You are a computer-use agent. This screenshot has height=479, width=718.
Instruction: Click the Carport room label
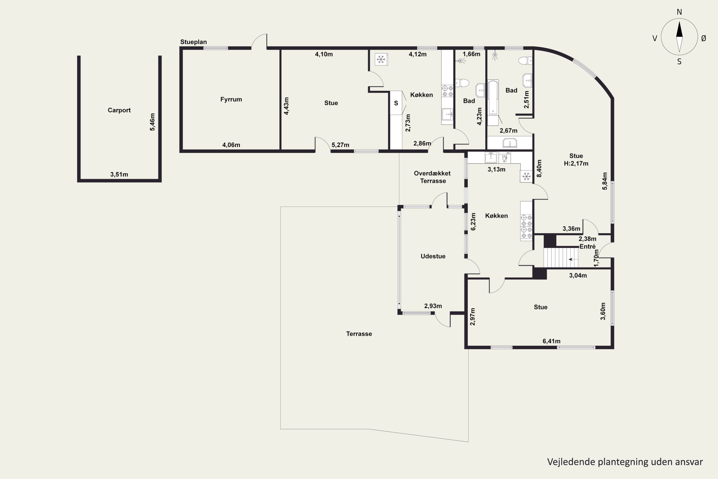click(x=119, y=110)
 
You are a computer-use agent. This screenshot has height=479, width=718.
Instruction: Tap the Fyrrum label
click(x=231, y=99)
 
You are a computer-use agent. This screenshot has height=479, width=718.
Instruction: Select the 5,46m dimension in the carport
click(x=152, y=122)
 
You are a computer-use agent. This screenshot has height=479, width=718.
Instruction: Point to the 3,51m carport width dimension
click(x=119, y=174)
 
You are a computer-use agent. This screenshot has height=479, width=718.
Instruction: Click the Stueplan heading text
click(x=194, y=42)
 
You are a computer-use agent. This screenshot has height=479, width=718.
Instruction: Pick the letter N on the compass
click(x=679, y=12)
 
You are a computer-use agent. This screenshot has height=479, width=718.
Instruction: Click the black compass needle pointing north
click(x=679, y=29)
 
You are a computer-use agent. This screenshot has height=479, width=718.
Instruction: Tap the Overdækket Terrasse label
click(x=432, y=177)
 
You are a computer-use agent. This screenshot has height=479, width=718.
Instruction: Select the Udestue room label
click(x=433, y=256)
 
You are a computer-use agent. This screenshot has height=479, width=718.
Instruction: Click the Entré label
click(x=587, y=246)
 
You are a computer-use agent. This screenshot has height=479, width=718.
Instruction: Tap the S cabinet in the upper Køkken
click(x=396, y=103)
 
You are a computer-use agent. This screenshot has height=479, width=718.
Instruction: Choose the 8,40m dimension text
click(x=539, y=169)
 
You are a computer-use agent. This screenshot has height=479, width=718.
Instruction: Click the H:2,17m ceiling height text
click(x=576, y=163)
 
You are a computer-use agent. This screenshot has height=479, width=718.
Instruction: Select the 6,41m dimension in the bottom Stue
click(x=551, y=341)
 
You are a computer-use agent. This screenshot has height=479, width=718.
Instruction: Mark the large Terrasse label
click(x=359, y=334)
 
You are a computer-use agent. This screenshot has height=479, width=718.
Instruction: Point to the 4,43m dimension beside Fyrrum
click(x=286, y=106)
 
